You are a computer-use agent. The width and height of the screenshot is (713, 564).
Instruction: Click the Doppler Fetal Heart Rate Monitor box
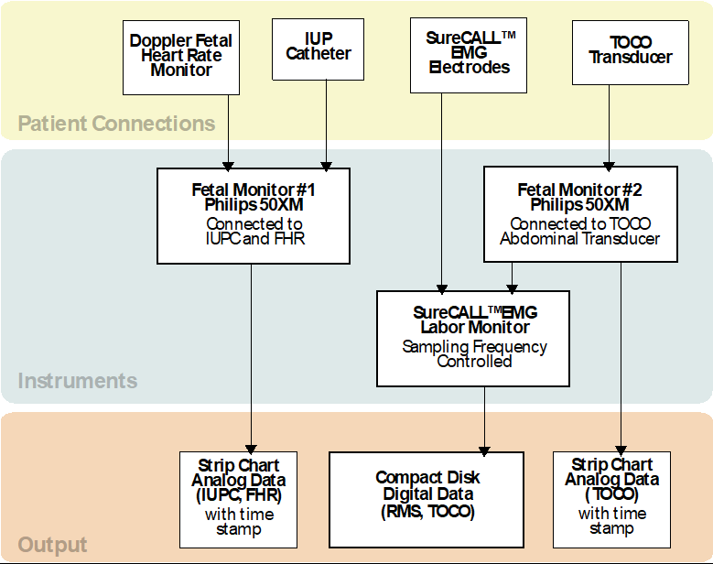[180, 56]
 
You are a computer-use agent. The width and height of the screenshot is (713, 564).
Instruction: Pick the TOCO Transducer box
[630, 51]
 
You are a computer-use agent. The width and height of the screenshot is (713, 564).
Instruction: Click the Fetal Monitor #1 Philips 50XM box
[254, 215]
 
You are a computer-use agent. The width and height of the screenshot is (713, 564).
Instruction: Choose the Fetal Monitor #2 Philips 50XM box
[580, 215]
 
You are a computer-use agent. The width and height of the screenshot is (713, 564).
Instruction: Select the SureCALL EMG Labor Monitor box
[473, 338]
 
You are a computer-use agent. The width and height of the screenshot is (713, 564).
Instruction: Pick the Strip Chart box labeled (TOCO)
[611, 496]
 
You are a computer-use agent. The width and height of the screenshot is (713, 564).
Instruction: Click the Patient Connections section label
[116, 124]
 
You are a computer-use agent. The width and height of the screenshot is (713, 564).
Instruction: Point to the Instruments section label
[78, 381]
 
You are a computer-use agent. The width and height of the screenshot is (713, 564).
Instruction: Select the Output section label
[53, 545]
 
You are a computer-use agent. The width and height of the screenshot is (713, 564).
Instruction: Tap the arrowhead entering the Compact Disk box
[483, 447]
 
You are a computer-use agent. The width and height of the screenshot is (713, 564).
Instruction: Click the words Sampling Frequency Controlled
[473, 354]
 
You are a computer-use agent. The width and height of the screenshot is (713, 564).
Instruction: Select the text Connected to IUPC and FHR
[254, 232]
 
